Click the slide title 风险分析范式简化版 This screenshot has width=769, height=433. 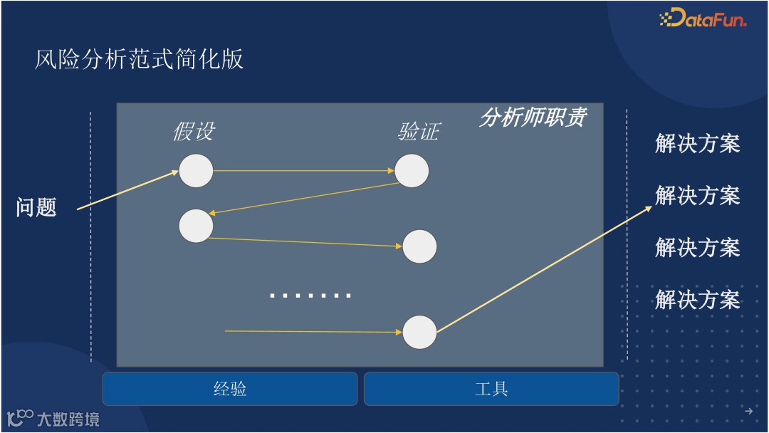(140, 59)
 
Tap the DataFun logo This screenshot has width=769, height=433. (703, 19)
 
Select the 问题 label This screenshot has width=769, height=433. (36, 208)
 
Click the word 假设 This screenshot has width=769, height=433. (194, 132)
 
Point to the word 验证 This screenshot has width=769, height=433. (419, 132)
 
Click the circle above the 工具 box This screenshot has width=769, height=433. (419, 332)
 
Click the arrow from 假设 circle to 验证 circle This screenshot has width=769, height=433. (303, 171)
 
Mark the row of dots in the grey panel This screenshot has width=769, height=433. (310, 295)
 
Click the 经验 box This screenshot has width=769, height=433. (230, 389)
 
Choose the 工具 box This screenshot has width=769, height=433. (491, 389)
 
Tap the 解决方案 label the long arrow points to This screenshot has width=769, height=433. (697, 196)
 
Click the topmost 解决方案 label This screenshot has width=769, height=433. (697, 144)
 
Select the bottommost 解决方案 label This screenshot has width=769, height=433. (697, 300)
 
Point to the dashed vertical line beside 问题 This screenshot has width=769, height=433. (91, 235)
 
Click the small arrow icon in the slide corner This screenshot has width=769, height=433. (748, 411)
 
